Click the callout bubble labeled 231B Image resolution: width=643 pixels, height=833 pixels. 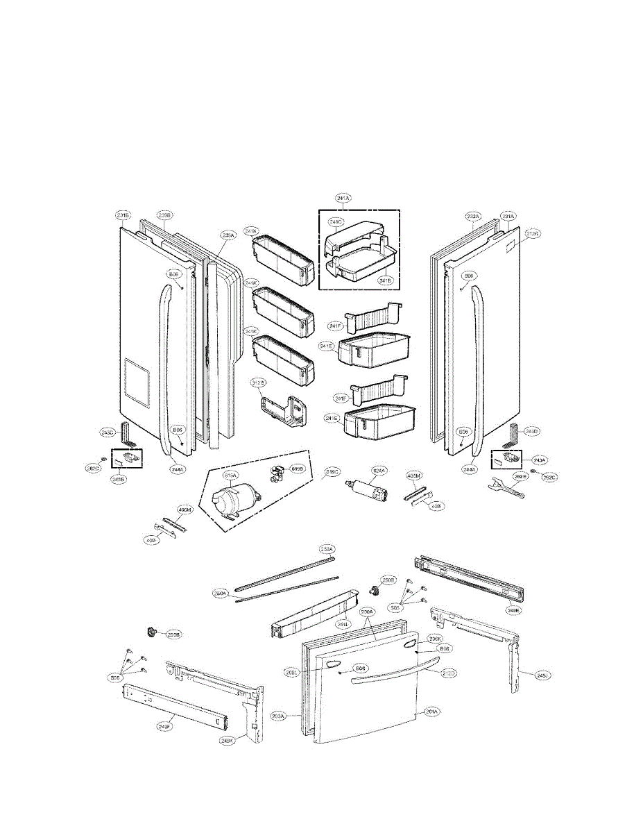[123, 216]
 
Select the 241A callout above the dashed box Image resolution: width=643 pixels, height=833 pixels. [343, 199]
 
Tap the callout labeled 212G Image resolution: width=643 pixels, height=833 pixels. [533, 233]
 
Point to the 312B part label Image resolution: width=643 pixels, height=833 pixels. [259, 382]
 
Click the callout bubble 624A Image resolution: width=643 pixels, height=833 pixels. [379, 470]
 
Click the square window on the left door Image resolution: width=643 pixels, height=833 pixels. [135, 381]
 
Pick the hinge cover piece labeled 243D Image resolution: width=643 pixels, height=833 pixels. [515, 434]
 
